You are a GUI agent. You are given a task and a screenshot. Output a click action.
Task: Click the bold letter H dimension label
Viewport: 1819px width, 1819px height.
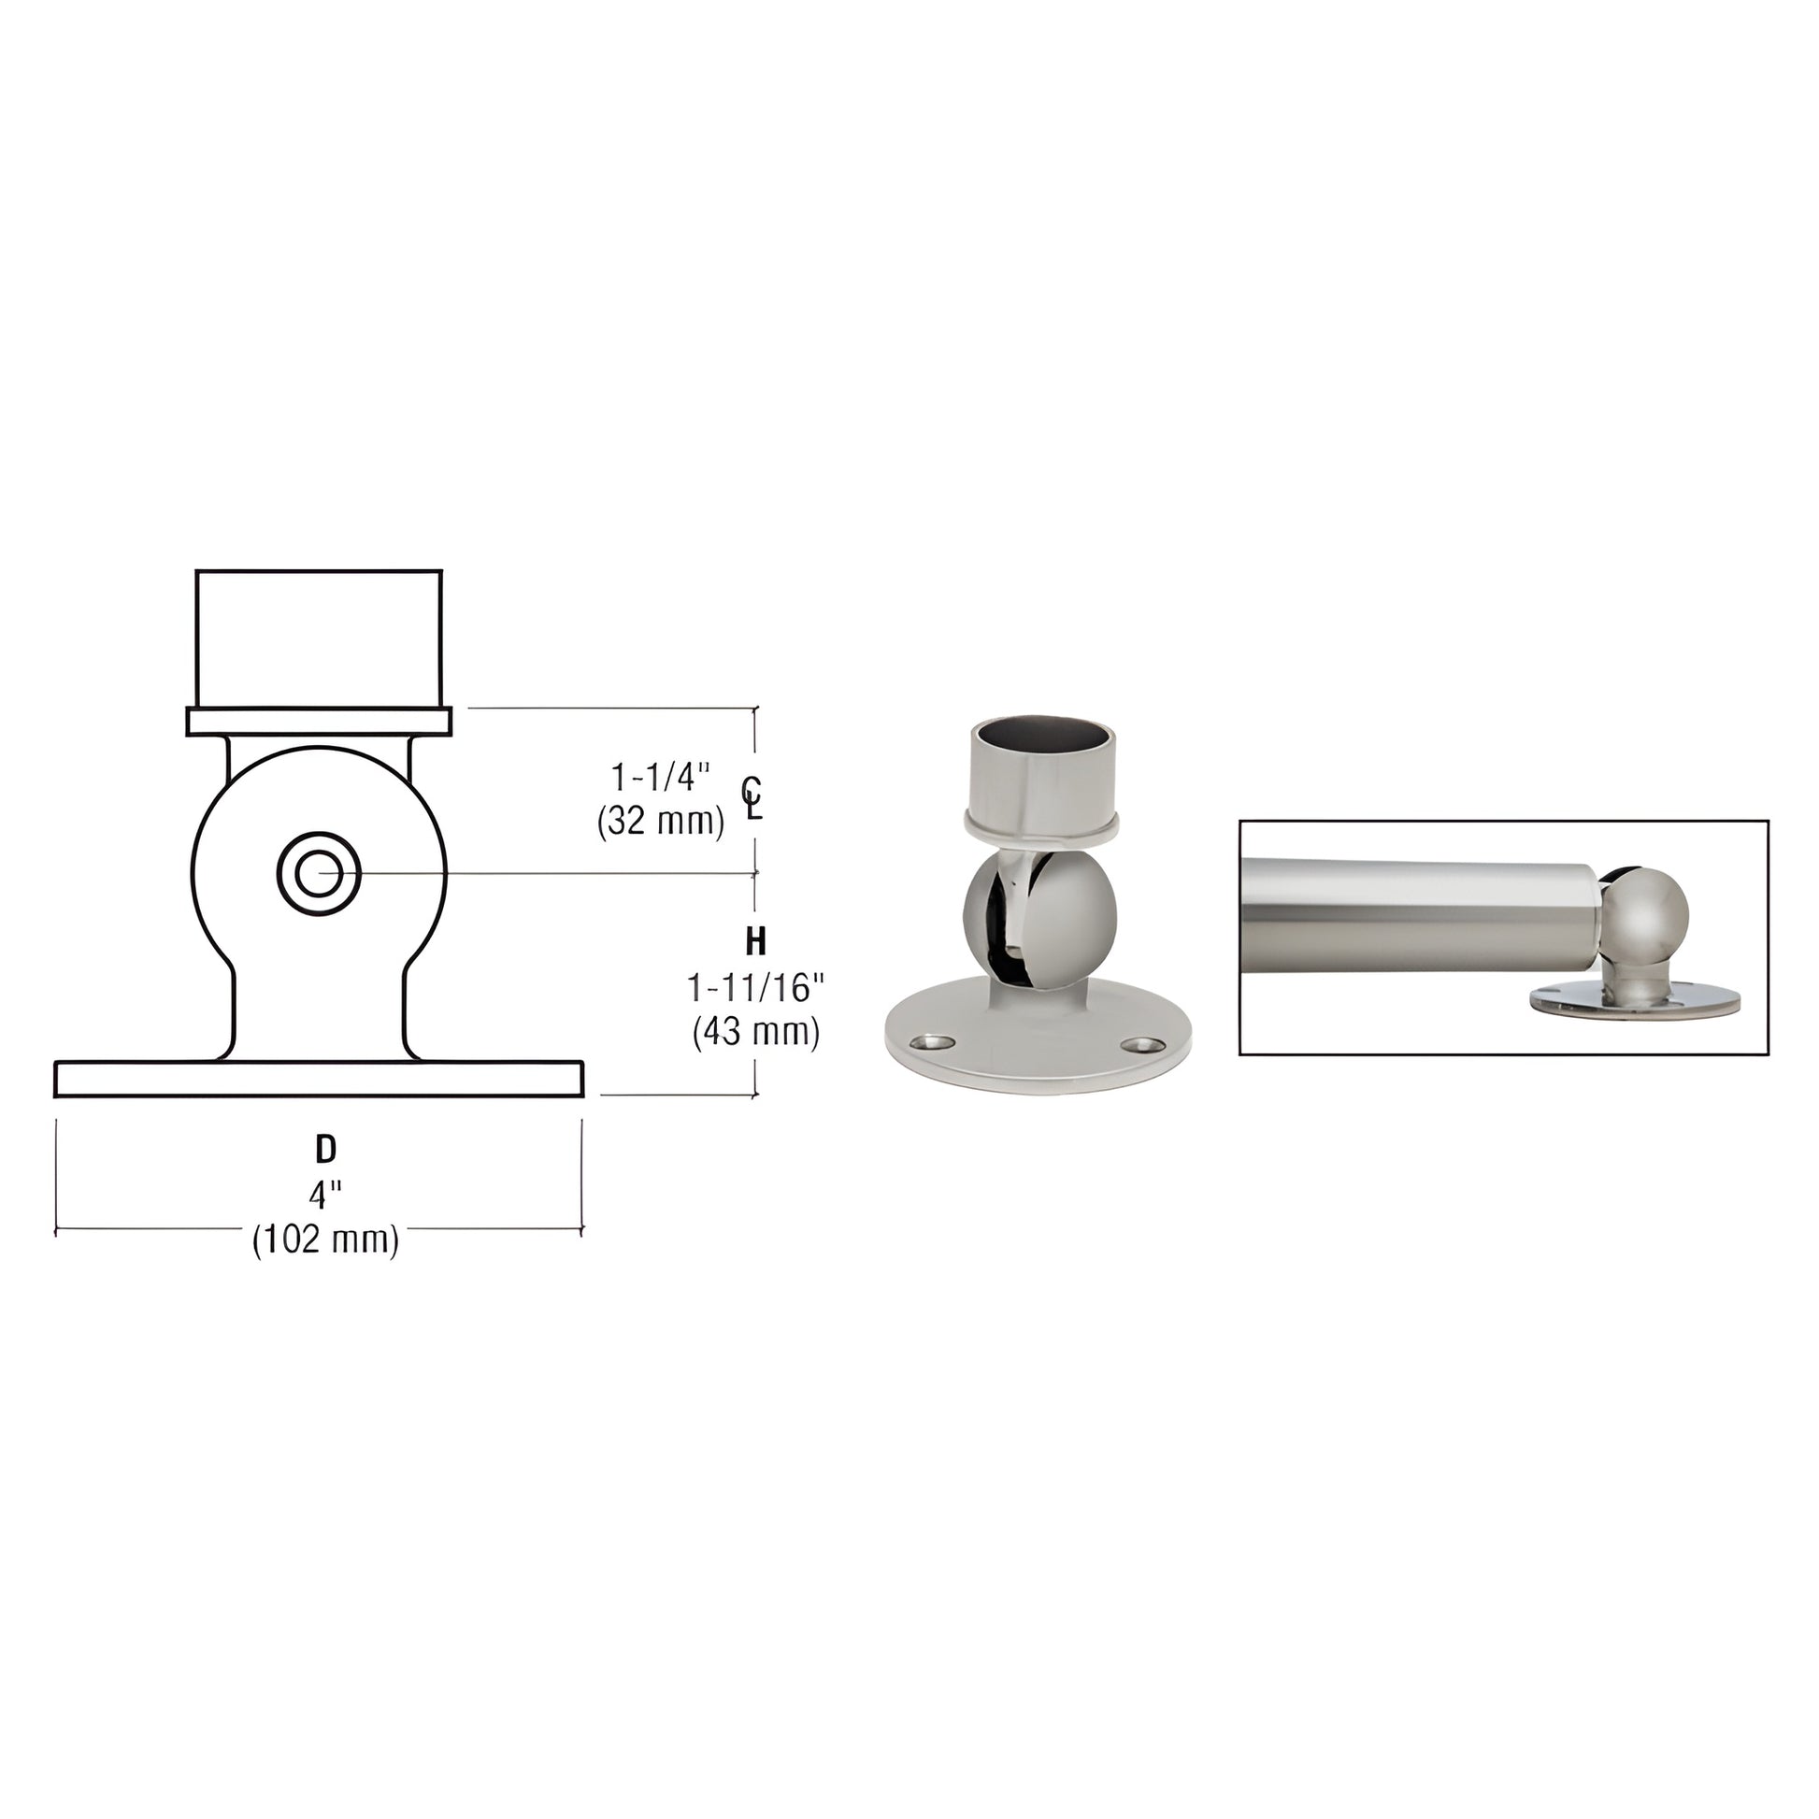755,940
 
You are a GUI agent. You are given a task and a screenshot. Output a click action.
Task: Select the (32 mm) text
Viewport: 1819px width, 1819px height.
660,823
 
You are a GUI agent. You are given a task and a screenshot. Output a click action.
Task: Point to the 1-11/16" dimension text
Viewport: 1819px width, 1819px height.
755,989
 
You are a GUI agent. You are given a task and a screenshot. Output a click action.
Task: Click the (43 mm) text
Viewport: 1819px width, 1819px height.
755,1033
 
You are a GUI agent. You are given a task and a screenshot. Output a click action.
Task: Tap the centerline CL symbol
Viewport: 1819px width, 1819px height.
751,797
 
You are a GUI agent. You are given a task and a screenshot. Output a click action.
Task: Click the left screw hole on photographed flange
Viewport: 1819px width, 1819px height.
932,1042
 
